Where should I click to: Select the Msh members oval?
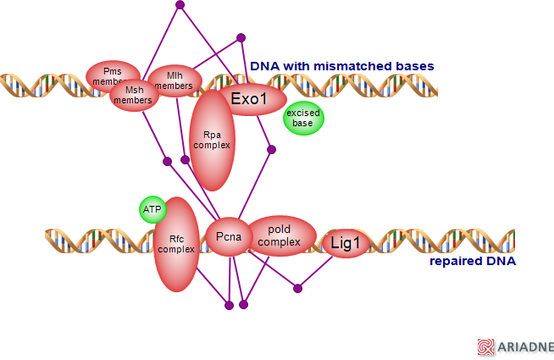pos(133,96)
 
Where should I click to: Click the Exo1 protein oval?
pos(248,98)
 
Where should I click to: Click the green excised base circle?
pos(302,119)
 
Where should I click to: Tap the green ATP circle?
pos(152,209)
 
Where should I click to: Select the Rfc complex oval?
pos(176,244)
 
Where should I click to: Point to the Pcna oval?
pos(228,237)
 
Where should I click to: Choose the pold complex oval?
pos(280,235)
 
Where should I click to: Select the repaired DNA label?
pos(473,261)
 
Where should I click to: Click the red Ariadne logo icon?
pos(485,346)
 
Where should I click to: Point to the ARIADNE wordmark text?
pos(526,346)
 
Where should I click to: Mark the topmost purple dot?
pos(180,5)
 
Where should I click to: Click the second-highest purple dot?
pos(241,37)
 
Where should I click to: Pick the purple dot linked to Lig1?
pos(297,289)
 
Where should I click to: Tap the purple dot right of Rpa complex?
pos(271,150)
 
